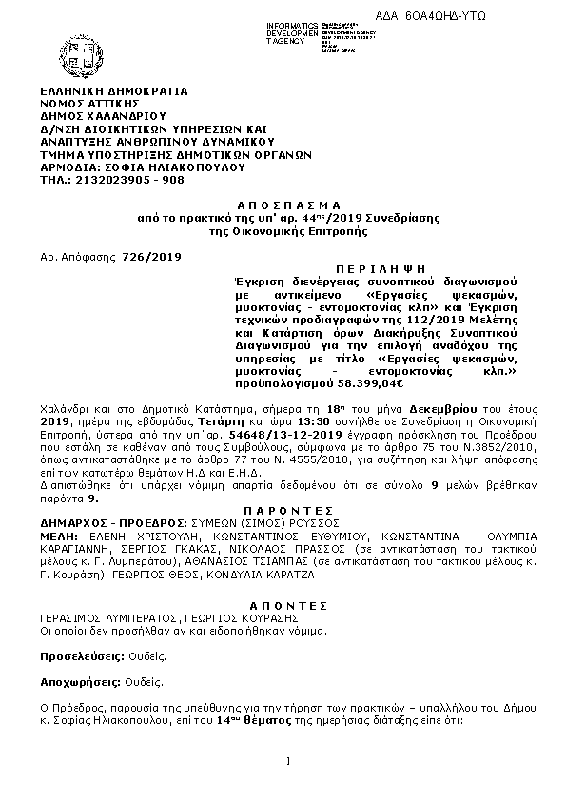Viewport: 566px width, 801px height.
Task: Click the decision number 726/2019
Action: pos(152,257)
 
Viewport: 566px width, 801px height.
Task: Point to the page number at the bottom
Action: pos(286,761)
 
